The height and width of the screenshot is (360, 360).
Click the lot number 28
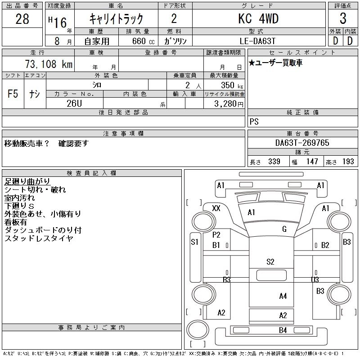(x=22, y=19)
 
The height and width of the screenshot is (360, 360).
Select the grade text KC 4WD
(x=258, y=19)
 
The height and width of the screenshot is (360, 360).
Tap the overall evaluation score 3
(x=343, y=19)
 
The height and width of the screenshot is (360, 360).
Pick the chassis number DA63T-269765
(x=302, y=143)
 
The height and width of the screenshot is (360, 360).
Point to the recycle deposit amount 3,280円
(x=227, y=104)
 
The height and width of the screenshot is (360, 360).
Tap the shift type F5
(x=13, y=94)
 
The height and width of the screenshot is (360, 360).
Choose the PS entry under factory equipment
(x=254, y=122)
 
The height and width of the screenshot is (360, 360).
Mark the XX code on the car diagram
(x=216, y=208)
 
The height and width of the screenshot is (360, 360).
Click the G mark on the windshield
(x=284, y=229)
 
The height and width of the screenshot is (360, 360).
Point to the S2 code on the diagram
(x=270, y=261)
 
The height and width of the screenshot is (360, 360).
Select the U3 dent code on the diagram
(x=315, y=280)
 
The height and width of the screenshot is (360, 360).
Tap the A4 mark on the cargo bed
(x=283, y=296)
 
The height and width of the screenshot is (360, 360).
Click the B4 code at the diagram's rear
(x=283, y=331)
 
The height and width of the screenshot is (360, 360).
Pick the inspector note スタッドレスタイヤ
(x=39, y=238)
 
